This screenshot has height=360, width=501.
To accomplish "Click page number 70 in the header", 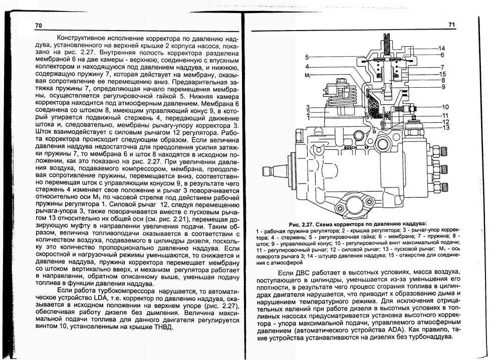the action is (39, 26).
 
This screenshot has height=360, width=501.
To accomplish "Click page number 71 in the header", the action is (451, 25).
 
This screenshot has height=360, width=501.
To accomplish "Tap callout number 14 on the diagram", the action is (441, 48).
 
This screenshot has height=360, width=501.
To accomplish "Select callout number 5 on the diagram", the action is (307, 58).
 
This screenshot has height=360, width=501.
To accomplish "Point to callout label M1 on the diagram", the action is (308, 76).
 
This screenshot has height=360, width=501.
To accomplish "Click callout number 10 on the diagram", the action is (445, 107).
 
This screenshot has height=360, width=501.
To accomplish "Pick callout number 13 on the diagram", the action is (445, 128).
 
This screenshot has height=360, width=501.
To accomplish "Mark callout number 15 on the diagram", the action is (442, 74).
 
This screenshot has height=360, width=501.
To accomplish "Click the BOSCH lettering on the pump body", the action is (351, 148).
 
